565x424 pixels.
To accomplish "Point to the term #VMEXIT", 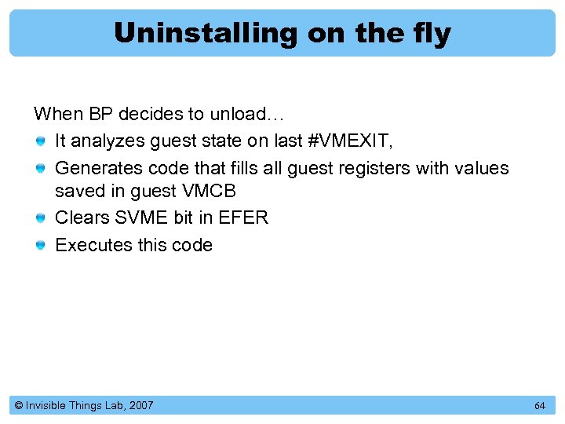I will click(x=345, y=141).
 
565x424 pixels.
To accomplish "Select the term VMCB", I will click(x=209, y=192).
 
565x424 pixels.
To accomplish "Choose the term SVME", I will click(x=138, y=217).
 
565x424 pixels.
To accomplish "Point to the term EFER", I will click(x=243, y=217).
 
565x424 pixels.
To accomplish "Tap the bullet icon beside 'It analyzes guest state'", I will click(x=41, y=142).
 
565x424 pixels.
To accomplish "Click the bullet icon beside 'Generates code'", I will click(x=41, y=169).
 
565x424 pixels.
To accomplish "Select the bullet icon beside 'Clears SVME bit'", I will click(x=41, y=218).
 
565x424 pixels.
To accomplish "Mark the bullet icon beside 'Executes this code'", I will click(x=41, y=246).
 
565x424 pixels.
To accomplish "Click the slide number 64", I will click(x=539, y=406).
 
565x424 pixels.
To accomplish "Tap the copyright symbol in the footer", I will click(x=18, y=406).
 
